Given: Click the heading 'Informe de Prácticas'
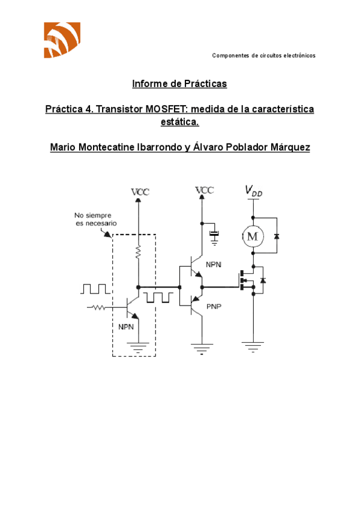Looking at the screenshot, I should pyautogui.click(x=179, y=84).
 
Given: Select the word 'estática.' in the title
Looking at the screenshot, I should pyautogui.click(x=179, y=122).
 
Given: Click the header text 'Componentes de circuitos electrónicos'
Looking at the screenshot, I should pyautogui.click(x=263, y=55).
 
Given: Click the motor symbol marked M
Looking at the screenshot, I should pyautogui.click(x=252, y=236).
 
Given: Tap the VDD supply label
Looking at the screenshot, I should pyautogui.click(x=253, y=191).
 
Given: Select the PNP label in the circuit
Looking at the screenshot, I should pyautogui.click(x=214, y=306).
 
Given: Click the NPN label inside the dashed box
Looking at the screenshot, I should pyautogui.click(x=126, y=327).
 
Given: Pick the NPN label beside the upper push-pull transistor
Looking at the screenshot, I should pyautogui.click(x=214, y=264).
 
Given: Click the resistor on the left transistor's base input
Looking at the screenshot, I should pyautogui.click(x=97, y=307).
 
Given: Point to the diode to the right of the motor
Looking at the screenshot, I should pyautogui.click(x=276, y=236).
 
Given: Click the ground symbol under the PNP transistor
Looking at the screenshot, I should pyautogui.click(x=202, y=347).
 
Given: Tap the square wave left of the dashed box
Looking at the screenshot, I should pyautogui.click(x=94, y=289).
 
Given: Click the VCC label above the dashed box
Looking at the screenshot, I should pyautogui.click(x=140, y=191).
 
